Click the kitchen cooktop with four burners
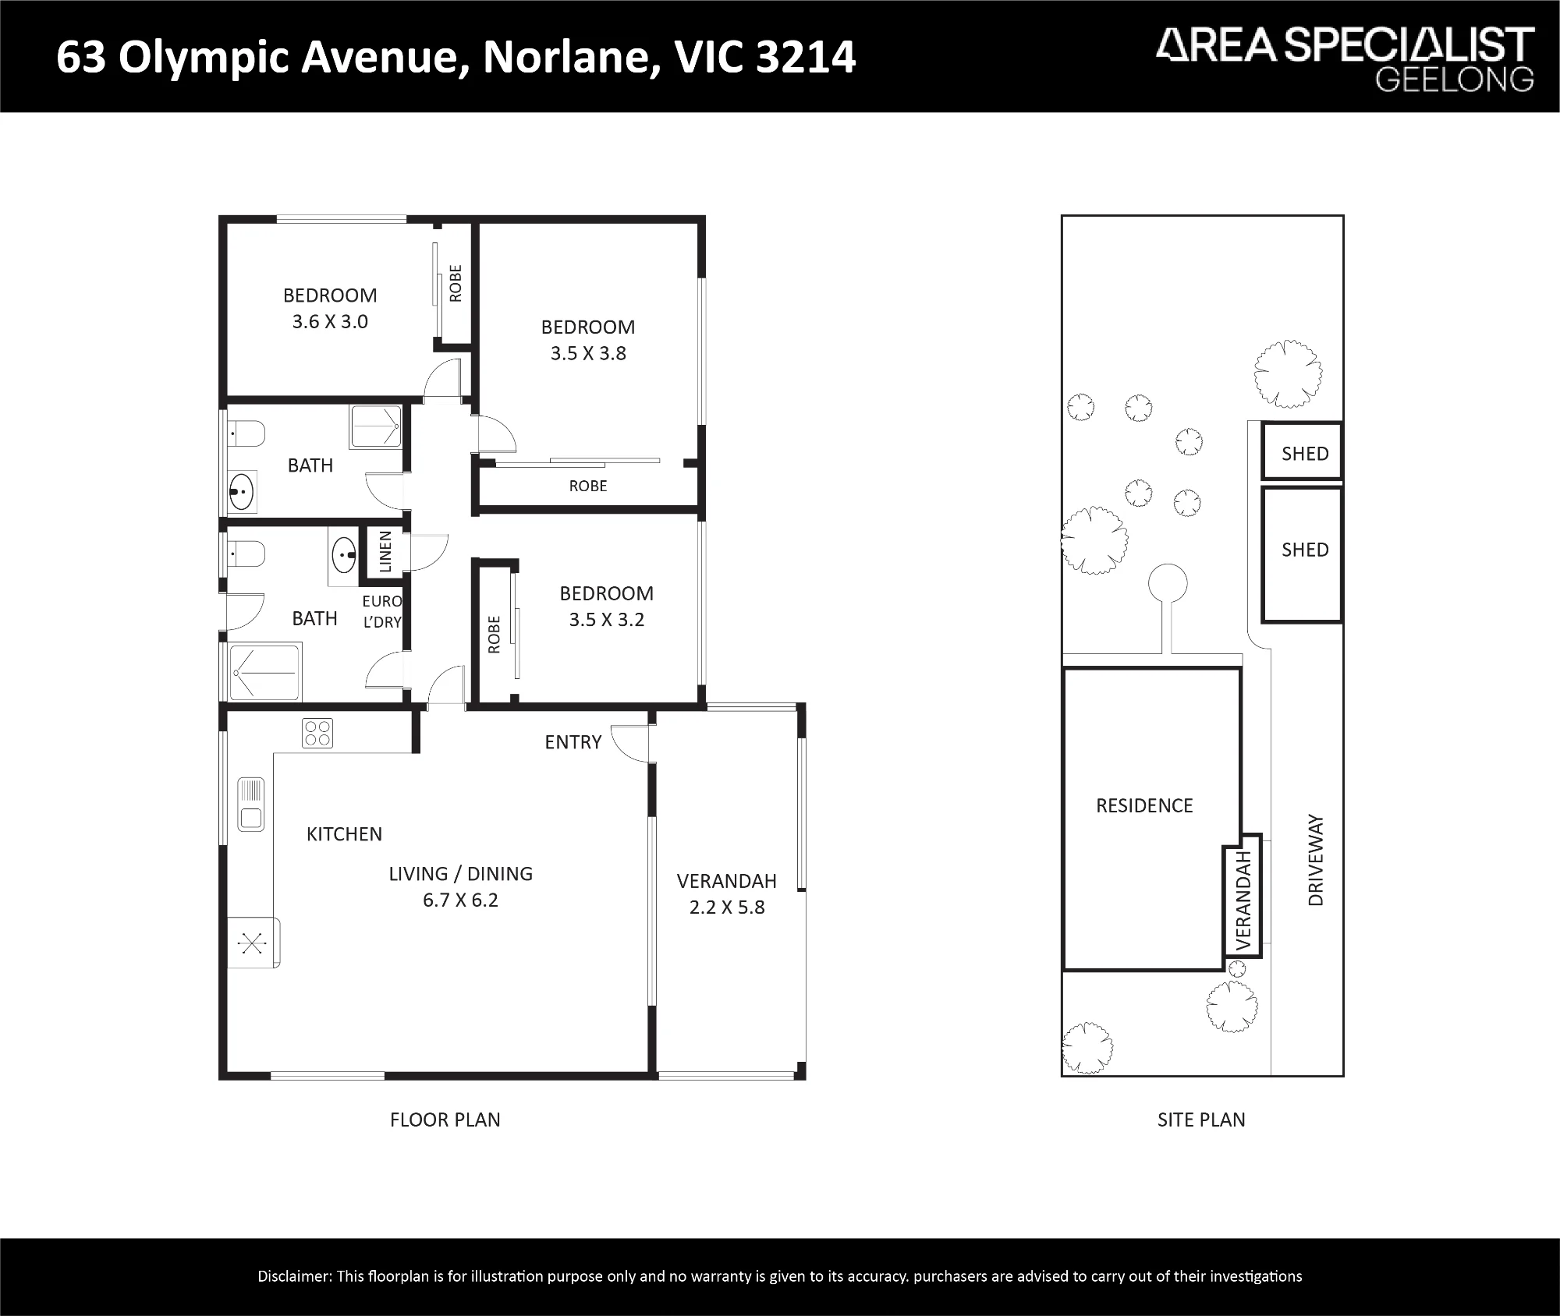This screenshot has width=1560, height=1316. point(317,733)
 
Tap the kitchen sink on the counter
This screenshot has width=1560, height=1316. point(251,804)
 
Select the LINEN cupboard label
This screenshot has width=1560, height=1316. point(385,552)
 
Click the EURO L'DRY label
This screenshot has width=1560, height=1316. point(382,611)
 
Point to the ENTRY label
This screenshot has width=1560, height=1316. point(573,742)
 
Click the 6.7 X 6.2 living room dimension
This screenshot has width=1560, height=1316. point(460,900)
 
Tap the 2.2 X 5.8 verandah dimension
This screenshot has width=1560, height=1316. point(727,907)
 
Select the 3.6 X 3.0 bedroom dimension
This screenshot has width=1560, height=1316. point(330,321)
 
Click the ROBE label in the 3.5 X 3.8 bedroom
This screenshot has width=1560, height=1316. point(588,486)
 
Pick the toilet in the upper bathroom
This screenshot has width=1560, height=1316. point(247,433)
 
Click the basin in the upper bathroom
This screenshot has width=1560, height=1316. point(243,492)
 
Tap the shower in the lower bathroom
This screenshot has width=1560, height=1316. point(264,672)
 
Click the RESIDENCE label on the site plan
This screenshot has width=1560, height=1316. point(1144,805)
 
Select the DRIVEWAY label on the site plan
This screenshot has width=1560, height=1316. point(1317,861)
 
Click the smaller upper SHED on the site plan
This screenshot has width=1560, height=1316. point(1302,451)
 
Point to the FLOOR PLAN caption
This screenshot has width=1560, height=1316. point(445,1120)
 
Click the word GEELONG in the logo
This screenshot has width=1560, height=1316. point(1455,80)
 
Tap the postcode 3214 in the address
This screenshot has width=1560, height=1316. point(806,58)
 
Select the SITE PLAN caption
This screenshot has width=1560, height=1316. point(1201,1120)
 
